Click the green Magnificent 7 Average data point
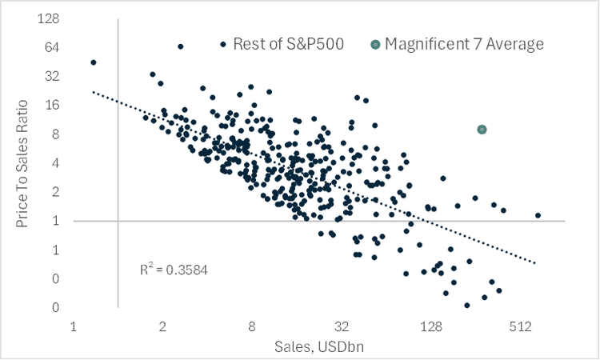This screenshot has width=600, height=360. [482, 130]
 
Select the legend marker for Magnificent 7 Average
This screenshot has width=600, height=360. [376, 44]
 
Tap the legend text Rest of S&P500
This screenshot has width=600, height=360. [289, 44]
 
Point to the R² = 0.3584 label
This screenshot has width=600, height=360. [174, 270]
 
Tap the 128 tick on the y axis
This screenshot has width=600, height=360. [53, 19]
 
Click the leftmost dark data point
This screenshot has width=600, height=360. [94, 62]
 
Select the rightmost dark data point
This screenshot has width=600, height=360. [538, 215]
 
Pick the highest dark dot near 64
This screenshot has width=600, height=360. [180, 46]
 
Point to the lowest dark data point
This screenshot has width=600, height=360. [466, 305]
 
